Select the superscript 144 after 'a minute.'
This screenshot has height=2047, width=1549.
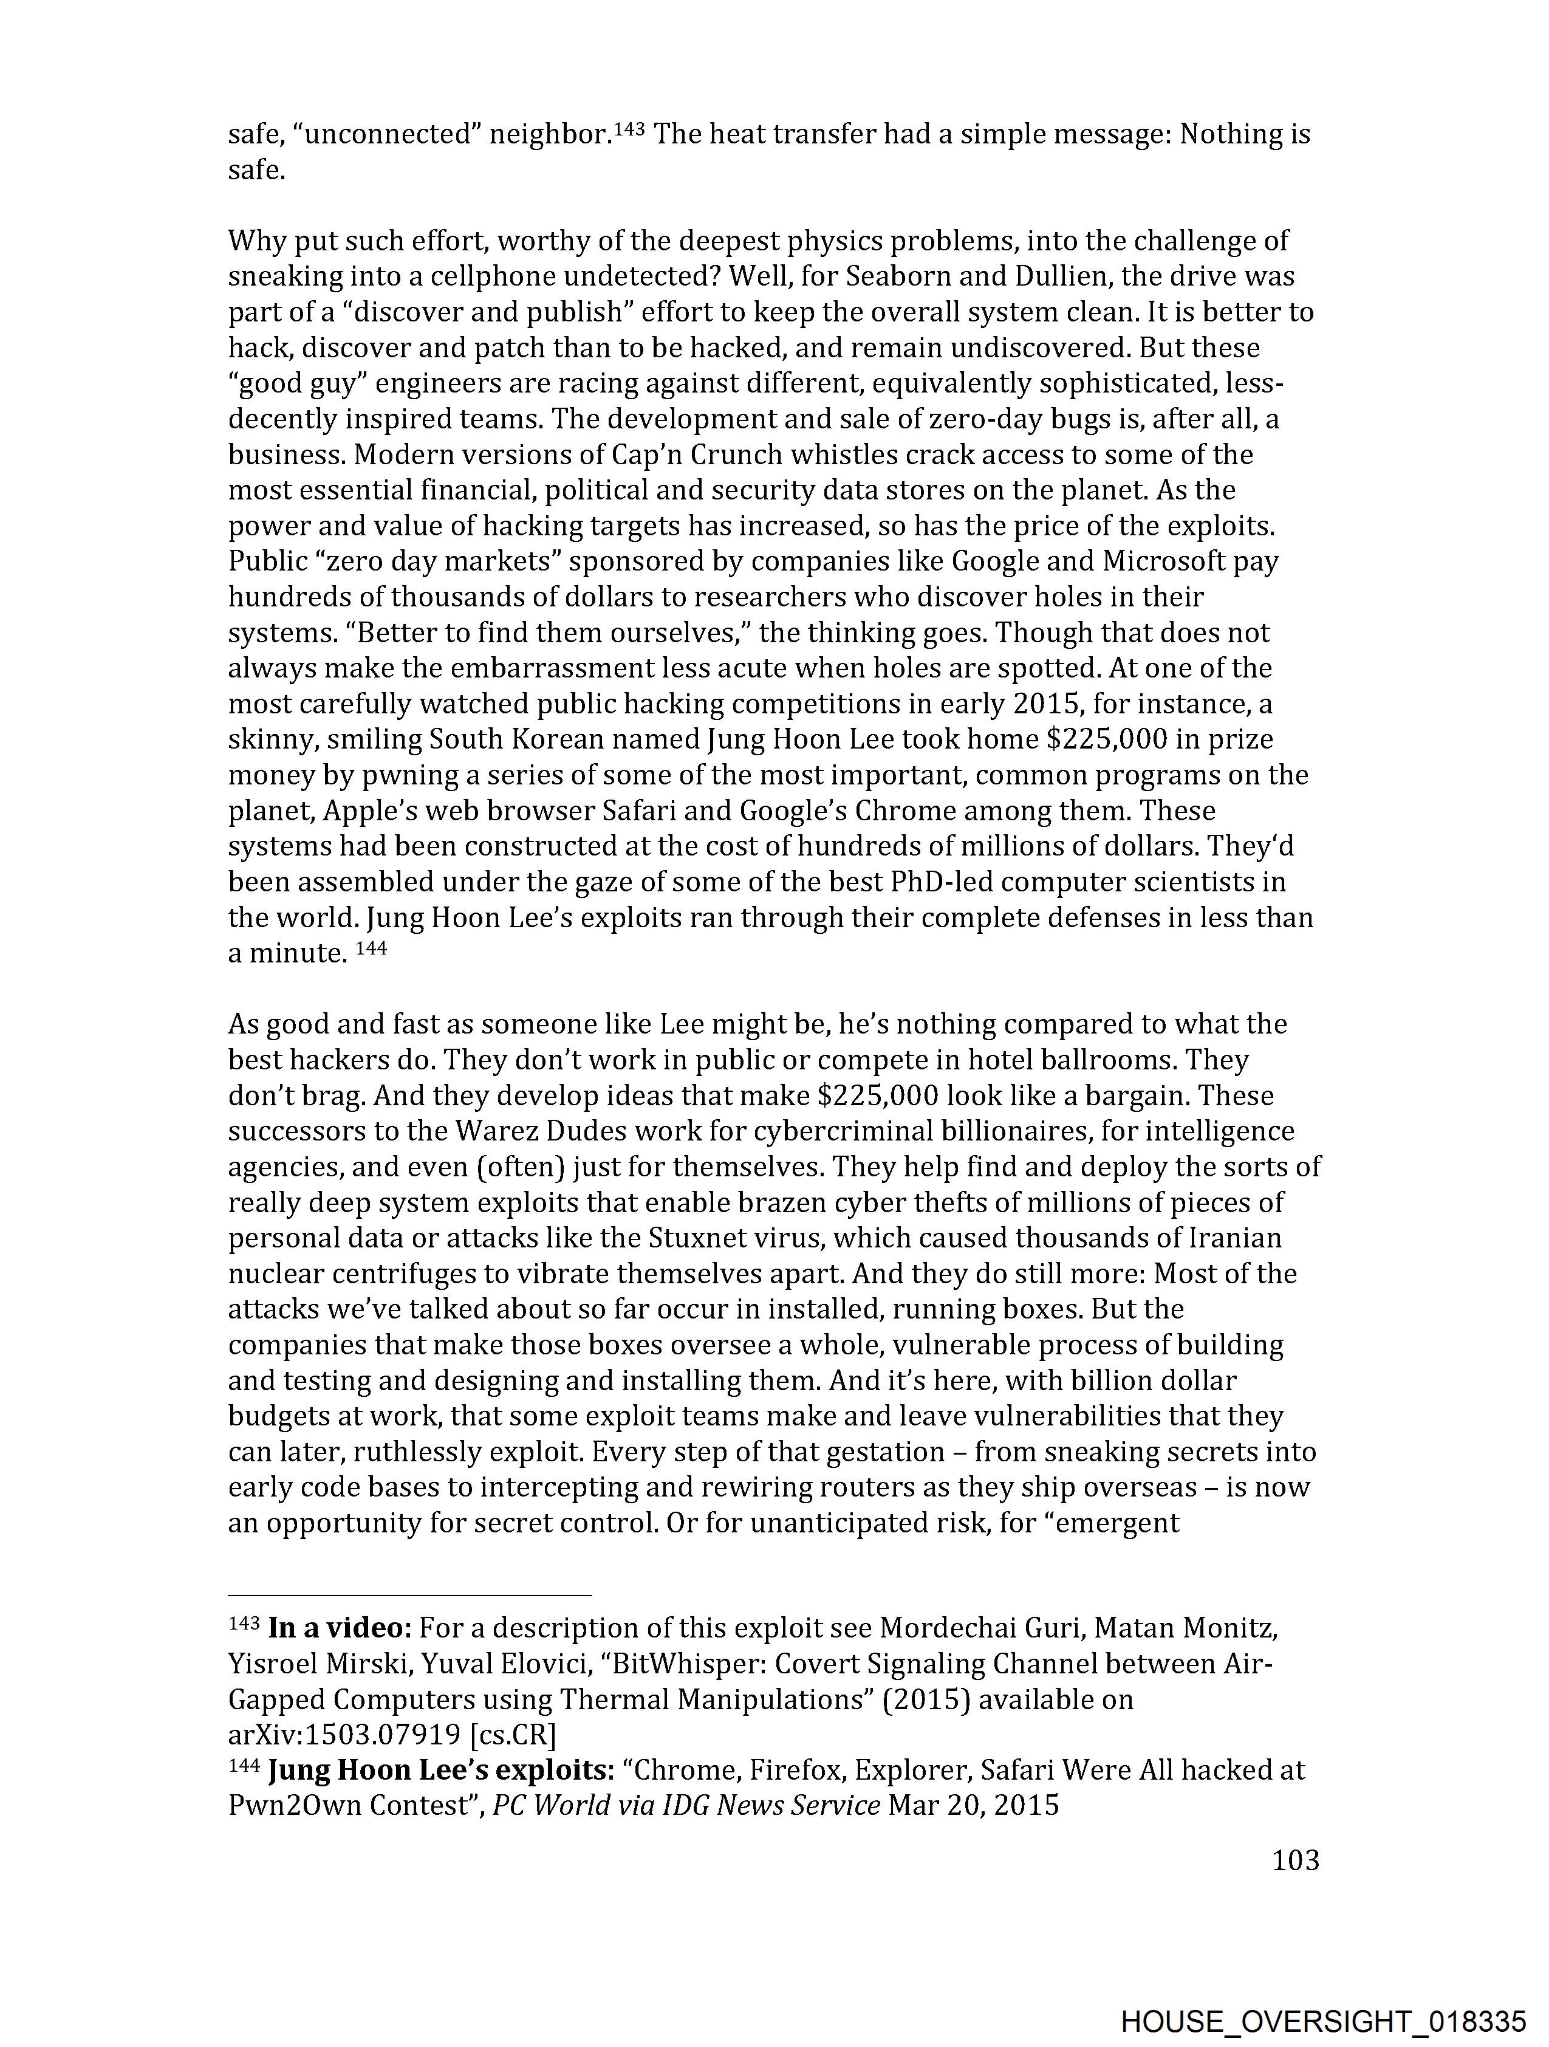(370, 948)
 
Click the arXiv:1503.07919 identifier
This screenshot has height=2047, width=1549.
(345, 1734)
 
